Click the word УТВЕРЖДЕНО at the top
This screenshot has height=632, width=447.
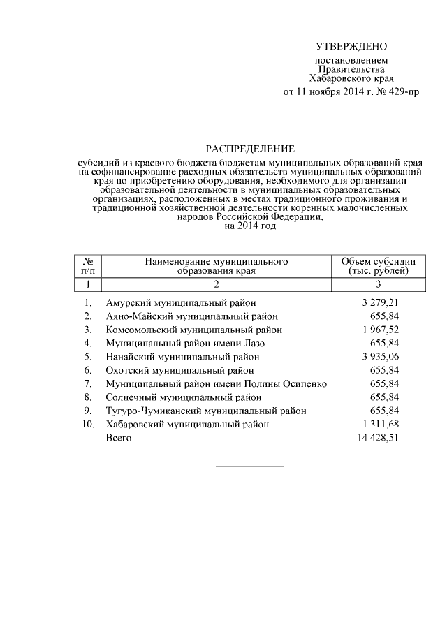pos(351,47)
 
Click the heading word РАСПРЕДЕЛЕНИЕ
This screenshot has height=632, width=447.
pos(249,149)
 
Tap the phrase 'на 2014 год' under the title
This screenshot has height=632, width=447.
pos(249,226)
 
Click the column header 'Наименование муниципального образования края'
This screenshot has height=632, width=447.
pos(217,265)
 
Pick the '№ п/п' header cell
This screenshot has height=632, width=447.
pos(88,265)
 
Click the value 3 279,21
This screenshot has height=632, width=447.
pos(380,302)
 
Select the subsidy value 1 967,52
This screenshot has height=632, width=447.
pos(380,330)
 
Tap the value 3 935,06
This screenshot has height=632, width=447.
pos(380,356)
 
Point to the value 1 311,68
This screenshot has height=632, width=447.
pos(380,424)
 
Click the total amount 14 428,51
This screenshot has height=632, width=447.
pos(377,438)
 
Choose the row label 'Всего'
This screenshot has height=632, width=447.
pos(118,438)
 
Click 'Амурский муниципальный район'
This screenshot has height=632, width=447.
pos(181,302)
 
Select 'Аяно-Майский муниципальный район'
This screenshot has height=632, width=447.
pos(192,316)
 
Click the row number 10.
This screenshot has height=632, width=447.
pos(87,424)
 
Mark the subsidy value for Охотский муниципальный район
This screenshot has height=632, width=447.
pos(386,370)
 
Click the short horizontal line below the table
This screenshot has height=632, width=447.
pos(249,466)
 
